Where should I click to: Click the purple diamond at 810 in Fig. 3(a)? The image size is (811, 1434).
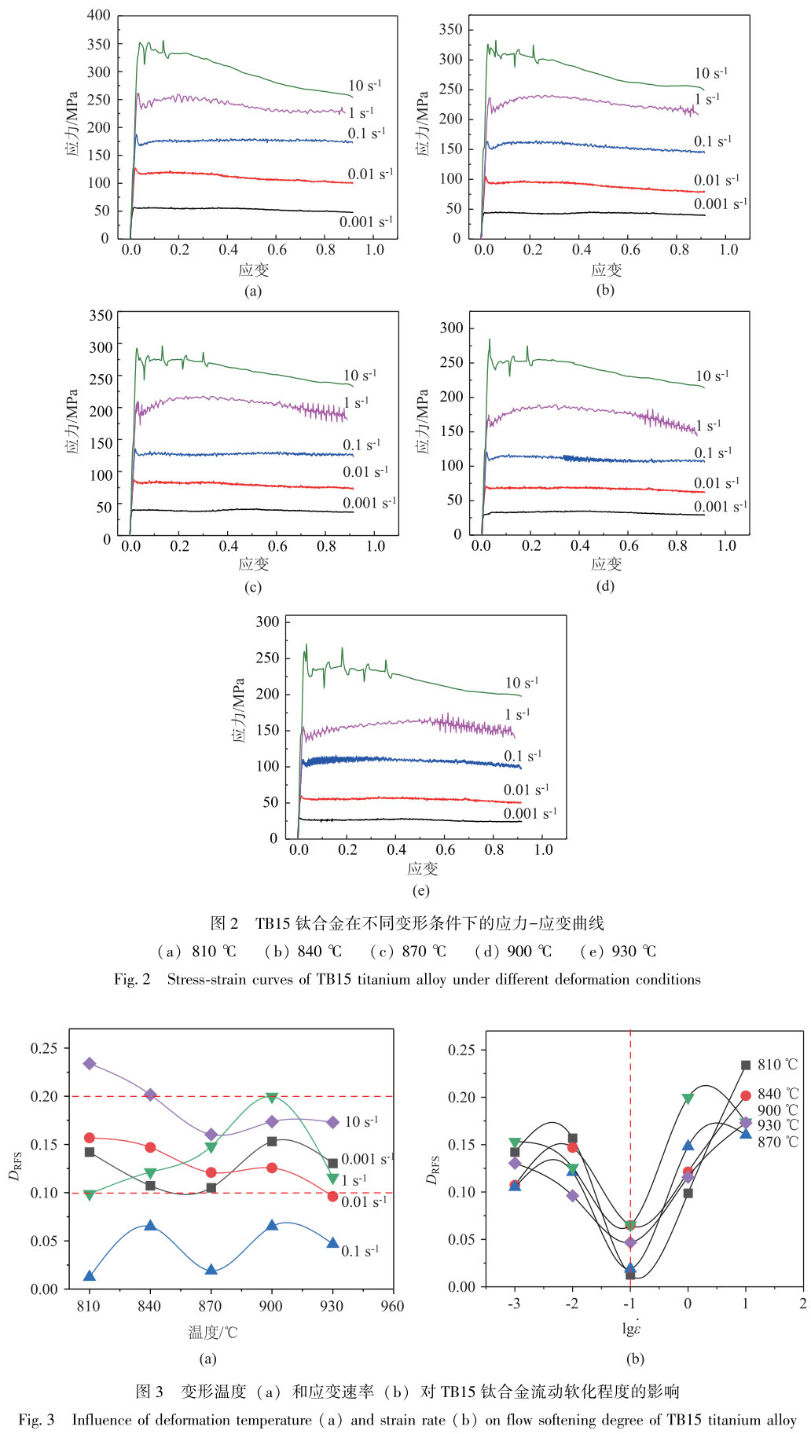tap(90, 1063)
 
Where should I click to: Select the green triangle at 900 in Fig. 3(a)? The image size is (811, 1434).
tap(272, 1098)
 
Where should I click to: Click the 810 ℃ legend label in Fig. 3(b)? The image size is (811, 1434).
tap(777, 1065)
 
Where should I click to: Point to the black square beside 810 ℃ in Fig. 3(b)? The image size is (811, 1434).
tap(746, 1065)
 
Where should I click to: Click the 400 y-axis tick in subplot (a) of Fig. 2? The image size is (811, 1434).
tap(99, 15)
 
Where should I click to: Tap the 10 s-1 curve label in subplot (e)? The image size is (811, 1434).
tap(522, 683)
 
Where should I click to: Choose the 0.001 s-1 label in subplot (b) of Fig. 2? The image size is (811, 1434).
tap(720, 204)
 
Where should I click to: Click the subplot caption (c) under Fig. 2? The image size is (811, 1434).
tap(252, 587)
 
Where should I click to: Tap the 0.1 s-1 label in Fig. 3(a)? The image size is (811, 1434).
tap(359, 1251)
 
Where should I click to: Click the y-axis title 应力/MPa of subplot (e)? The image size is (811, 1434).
tap(240, 711)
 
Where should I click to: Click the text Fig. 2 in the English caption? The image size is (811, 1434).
tap(131, 979)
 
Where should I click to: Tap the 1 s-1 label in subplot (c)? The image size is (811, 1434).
tap(355, 403)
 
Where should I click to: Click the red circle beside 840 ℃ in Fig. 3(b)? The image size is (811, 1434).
tap(746, 1095)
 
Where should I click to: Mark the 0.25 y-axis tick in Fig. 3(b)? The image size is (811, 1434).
tap(462, 1050)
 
